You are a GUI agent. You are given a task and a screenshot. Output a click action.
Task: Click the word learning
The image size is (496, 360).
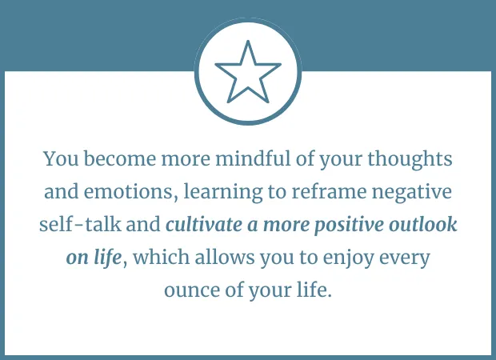pos(223,193)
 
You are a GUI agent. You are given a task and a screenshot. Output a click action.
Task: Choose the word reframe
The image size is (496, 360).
pos(329,191)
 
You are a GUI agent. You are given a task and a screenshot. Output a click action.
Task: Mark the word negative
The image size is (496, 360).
pos(412,193)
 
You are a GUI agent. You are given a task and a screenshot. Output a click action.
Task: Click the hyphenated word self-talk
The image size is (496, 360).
pos(80,224)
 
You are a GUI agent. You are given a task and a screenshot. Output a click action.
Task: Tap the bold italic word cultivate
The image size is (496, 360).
pos(204,224)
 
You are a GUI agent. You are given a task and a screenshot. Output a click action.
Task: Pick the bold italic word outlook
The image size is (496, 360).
pos(423,224)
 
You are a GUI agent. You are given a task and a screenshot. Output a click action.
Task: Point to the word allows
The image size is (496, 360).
pos(225,257)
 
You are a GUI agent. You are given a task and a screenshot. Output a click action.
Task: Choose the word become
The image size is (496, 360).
pos(120,158)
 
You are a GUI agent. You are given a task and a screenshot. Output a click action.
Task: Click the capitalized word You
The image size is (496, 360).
pos(61,159)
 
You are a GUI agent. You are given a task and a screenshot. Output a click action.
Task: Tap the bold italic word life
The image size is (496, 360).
pos(107,258)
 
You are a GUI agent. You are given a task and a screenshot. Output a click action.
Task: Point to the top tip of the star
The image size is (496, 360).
pos(248,41)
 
